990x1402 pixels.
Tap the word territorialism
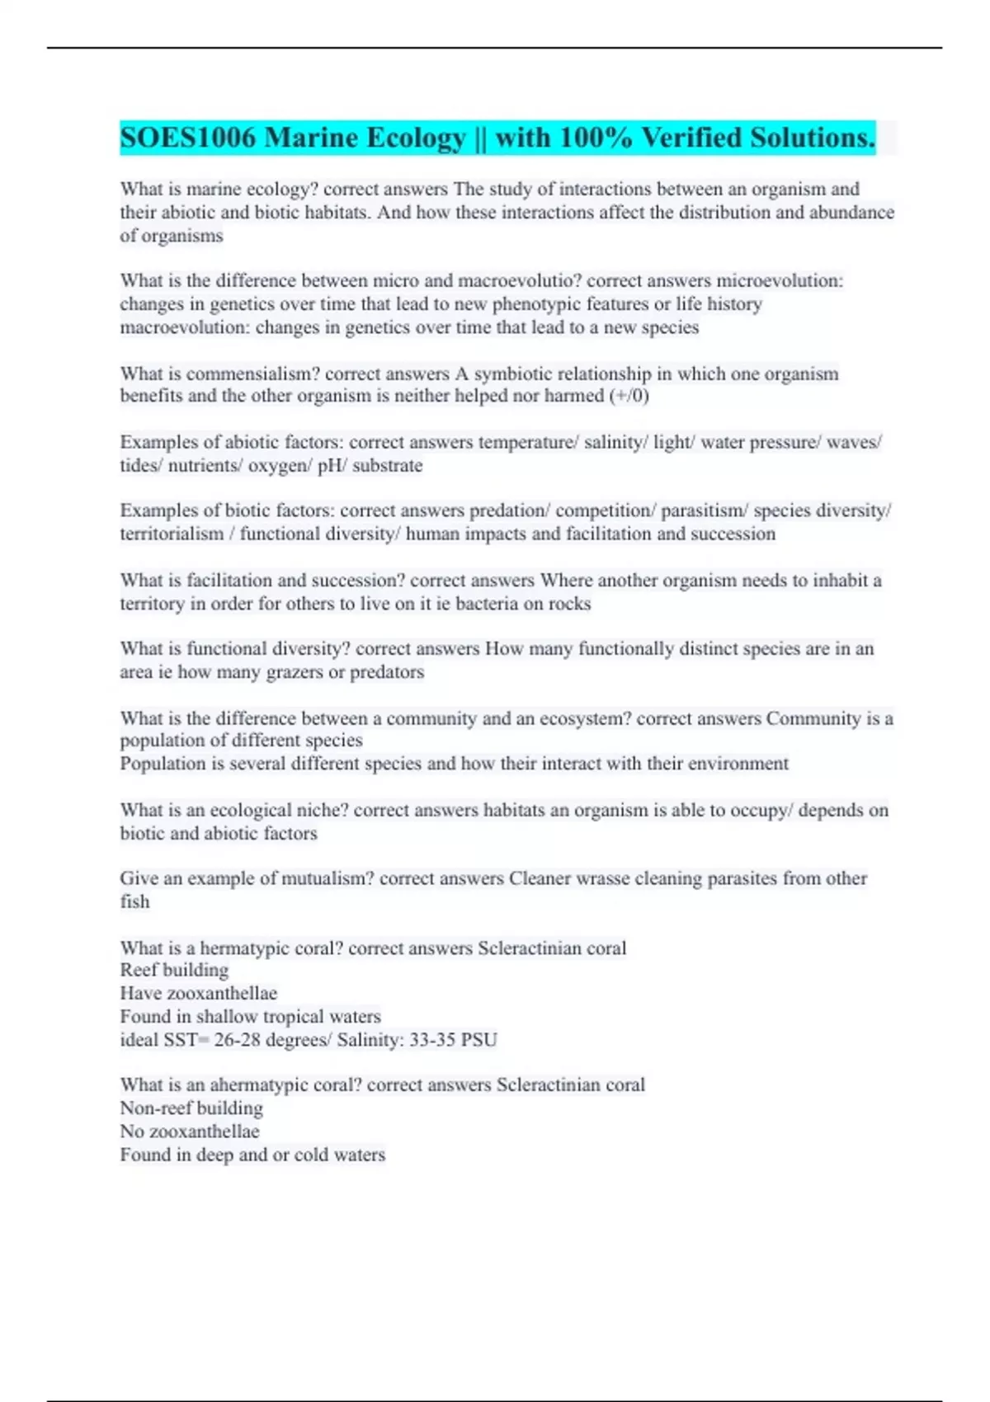pyautogui.click(x=172, y=534)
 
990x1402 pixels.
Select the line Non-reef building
pyautogui.click(x=191, y=1108)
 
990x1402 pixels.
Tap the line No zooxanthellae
pyautogui.click(x=190, y=1131)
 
